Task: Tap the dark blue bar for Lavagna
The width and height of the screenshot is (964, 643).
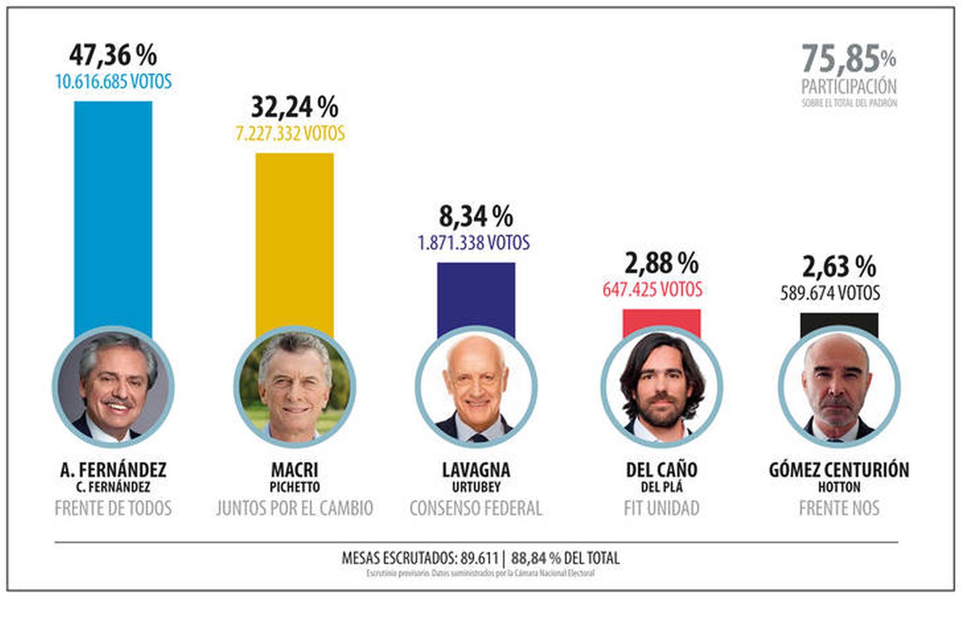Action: (476, 296)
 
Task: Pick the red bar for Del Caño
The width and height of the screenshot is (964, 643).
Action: (661, 321)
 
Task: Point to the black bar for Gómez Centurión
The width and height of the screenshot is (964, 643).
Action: (839, 324)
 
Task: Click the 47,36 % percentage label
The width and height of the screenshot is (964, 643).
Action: (113, 55)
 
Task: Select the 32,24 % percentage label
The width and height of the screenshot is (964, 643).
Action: (294, 107)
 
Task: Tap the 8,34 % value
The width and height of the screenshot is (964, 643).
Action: (476, 216)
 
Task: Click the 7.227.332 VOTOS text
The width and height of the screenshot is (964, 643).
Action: (290, 134)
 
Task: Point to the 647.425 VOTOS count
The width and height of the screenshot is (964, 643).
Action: (652, 290)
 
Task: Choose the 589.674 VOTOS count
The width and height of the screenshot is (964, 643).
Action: (830, 293)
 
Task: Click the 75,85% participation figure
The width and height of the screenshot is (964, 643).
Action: (849, 59)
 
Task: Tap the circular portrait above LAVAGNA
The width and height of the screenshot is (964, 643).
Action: (476, 387)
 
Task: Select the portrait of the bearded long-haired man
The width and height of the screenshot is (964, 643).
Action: (661, 387)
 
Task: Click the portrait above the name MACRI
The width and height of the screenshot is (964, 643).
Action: (294, 387)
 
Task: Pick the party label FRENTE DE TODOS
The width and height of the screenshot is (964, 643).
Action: (113, 508)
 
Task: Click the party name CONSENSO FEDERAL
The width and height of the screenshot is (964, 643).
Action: (476, 508)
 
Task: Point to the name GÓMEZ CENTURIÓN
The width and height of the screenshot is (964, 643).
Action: (839, 470)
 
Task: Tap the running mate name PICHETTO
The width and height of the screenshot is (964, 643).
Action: (294, 487)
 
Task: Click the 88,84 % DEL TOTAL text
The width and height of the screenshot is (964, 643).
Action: (565, 558)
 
